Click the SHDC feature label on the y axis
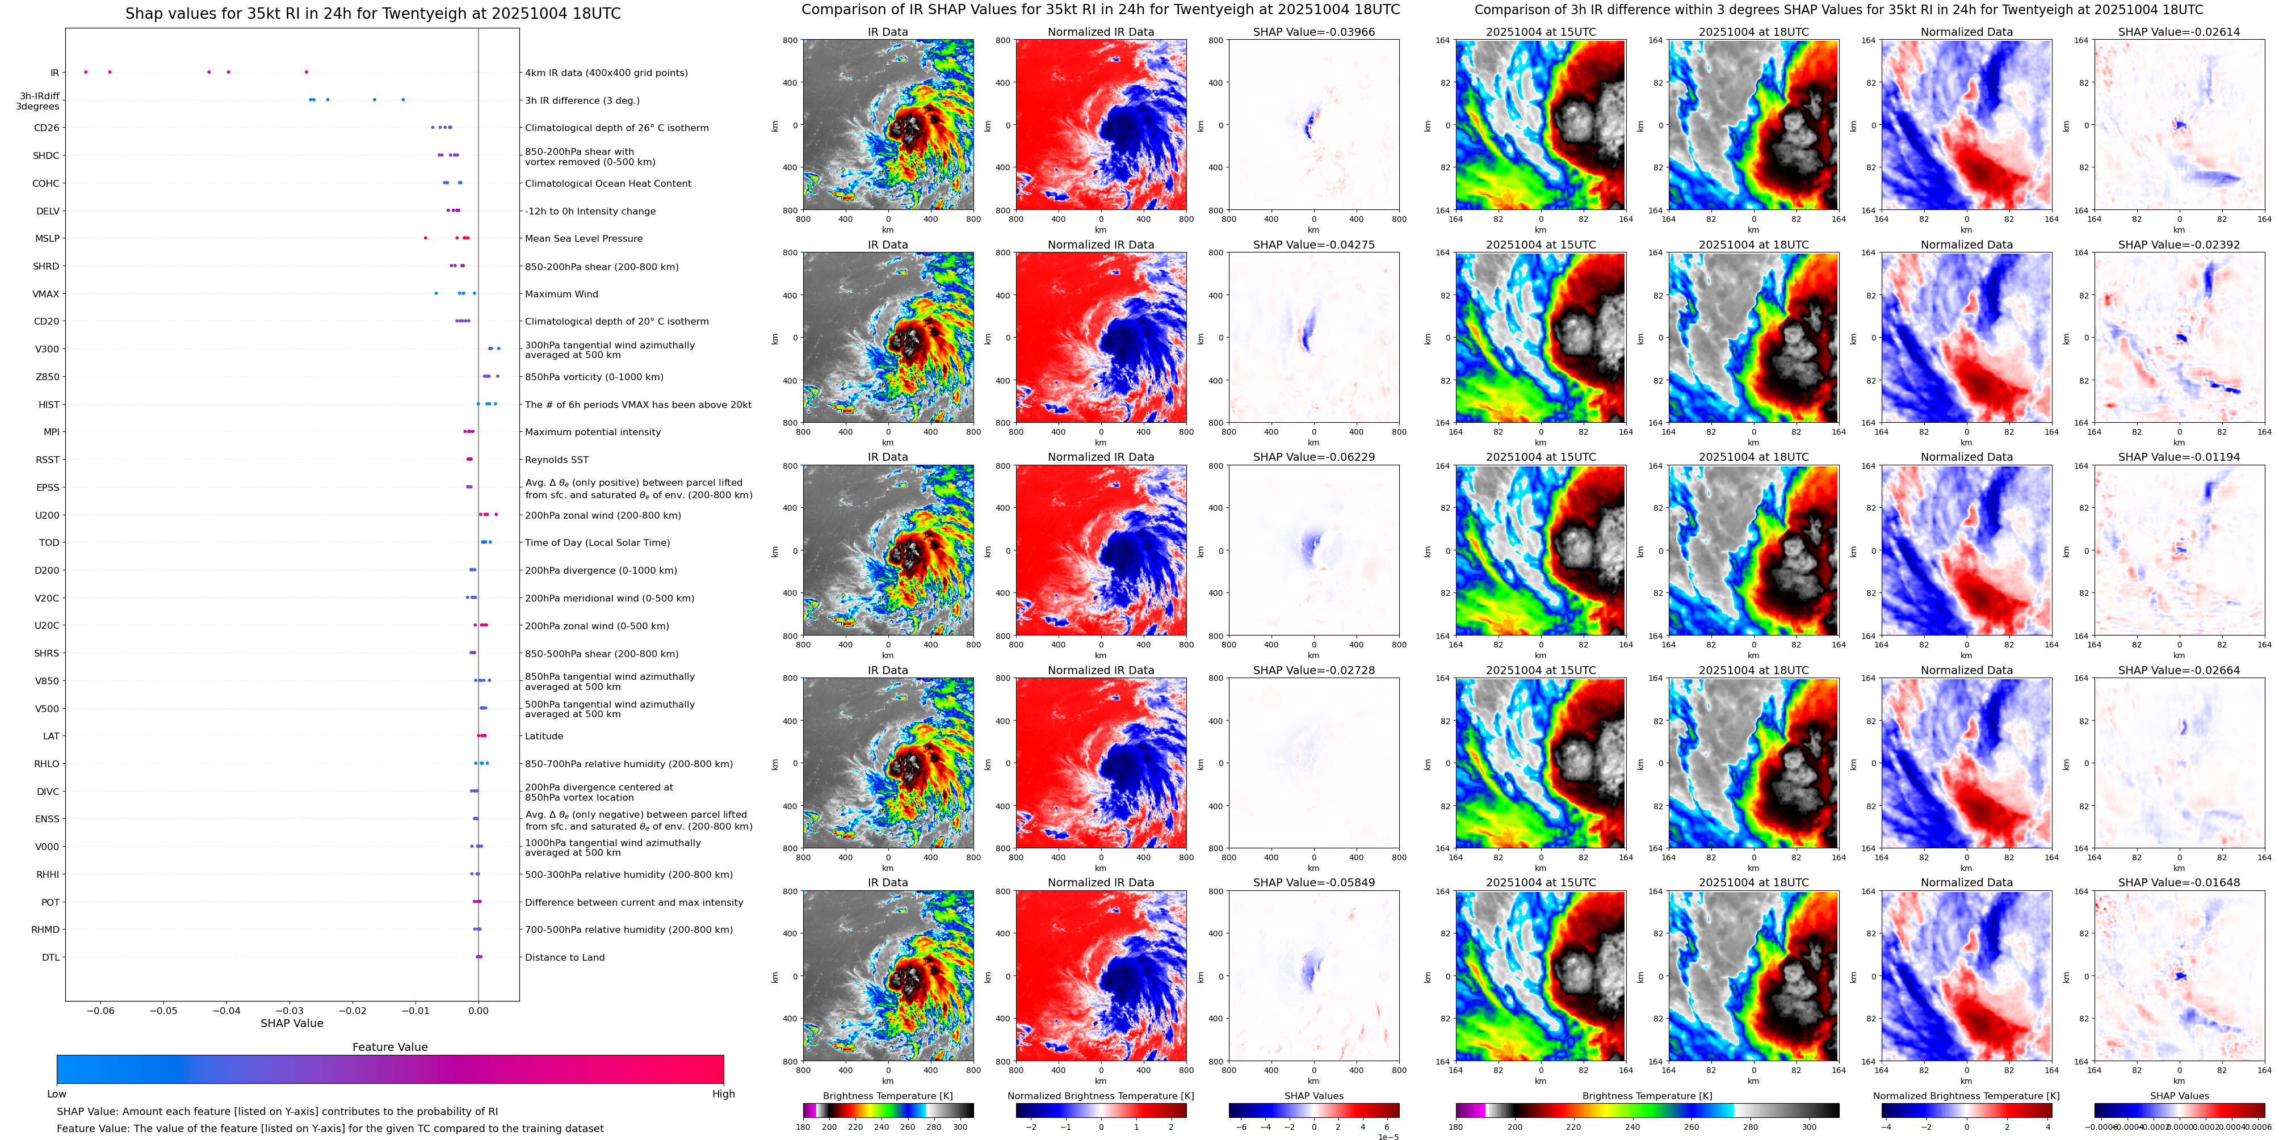tap(46, 155)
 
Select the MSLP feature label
tap(47, 239)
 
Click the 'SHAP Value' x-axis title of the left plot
tap(292, 1023)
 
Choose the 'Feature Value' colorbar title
tap(389, 1047)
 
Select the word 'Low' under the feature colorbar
tap(57, 1094)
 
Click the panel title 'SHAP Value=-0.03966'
tap(1314, 32)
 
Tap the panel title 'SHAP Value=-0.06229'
tap(1314, 457)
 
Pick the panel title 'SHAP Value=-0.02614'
tap(2179, 32)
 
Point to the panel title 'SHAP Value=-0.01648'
tap(2179, 882)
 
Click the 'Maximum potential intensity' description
tap(593, 432)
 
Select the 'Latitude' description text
tap(544, 737)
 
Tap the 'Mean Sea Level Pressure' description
tap(584, 239)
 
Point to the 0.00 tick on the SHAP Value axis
tap(478, 1011)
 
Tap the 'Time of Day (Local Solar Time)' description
tap(597, 543)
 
